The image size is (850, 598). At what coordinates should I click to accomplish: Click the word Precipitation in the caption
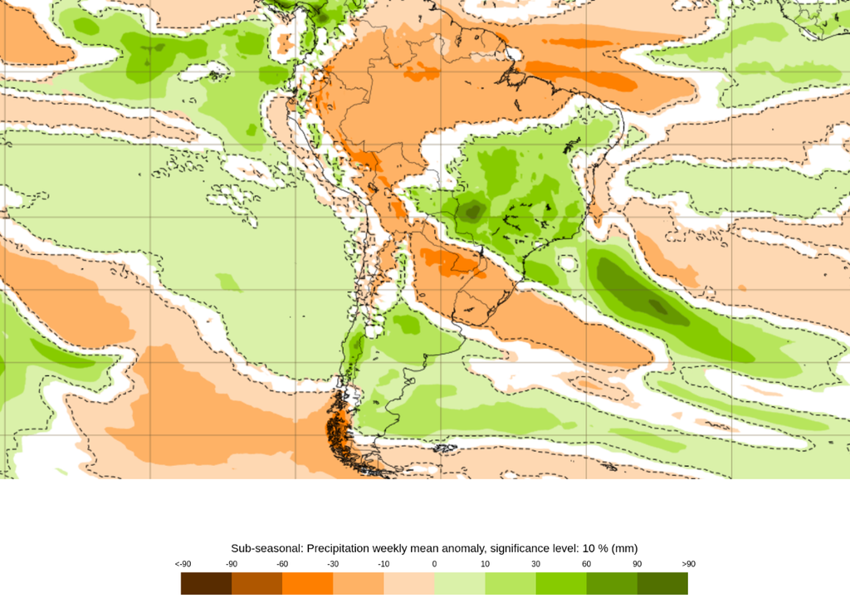(x=346, y=548)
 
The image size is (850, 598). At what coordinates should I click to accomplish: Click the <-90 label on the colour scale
(x=183, y=565)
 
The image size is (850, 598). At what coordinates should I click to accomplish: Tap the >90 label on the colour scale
(x=688, y=565)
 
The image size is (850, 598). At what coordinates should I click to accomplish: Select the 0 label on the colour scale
(x=434, y=565)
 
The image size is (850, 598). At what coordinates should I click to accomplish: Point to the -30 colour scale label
(x=333, y=565)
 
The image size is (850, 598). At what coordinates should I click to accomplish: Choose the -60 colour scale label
(x=282, y=565)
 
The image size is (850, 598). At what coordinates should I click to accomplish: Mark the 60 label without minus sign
(x=587, y=565)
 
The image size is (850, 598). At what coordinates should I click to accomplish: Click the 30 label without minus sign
(x=536, y=565)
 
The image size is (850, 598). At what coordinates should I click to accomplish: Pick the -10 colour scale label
(x=383, y=565)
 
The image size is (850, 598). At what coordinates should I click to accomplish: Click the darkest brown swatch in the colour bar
(x=206, y=584)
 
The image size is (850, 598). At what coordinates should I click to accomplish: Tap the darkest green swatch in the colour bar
(x=662, y=584)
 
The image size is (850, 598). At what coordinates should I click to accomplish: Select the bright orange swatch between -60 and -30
(x=307, y=584)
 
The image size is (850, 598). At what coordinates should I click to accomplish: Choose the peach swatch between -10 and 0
(x=408, y=584)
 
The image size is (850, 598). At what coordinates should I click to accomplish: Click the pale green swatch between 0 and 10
(x=459, y=584)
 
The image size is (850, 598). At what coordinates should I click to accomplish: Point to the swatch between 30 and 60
(x=561, y=584)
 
